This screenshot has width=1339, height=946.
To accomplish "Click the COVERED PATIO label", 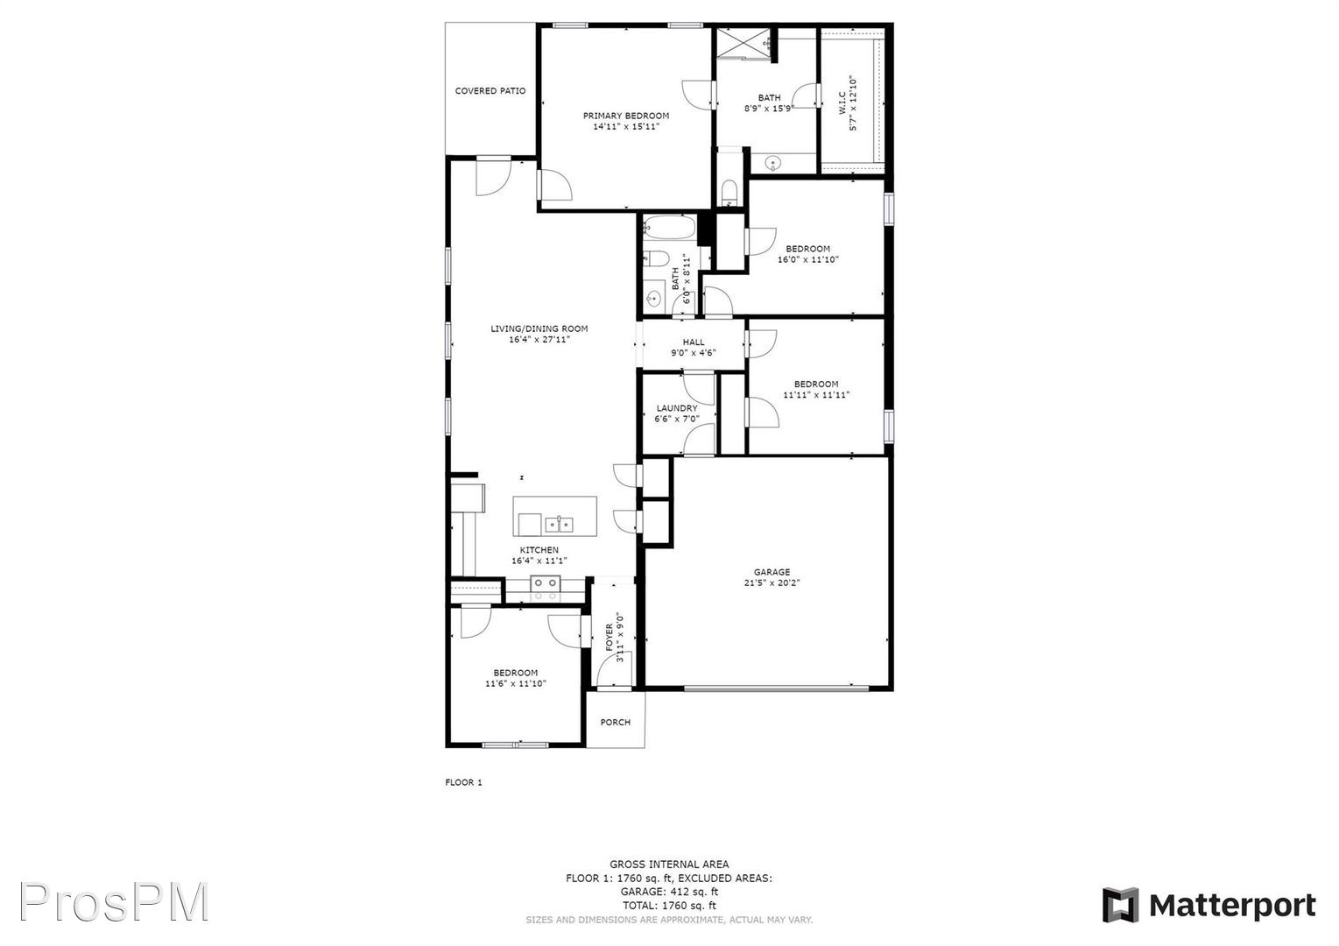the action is coord(490,91).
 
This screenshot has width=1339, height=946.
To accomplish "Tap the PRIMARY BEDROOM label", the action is coord(626,116).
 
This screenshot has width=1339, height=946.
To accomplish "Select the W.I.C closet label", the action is coord(842,102).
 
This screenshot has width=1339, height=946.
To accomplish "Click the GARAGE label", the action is coord(772,572).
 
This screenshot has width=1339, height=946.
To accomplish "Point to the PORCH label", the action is coord(615,722).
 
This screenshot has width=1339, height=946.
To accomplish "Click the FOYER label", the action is coord(610,638).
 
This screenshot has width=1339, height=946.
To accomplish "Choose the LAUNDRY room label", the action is coord(677,408).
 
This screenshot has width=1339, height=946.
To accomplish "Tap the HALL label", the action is coord(694,342).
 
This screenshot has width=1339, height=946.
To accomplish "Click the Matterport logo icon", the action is coord(1120,905).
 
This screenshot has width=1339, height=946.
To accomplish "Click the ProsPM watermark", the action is coord(114,902).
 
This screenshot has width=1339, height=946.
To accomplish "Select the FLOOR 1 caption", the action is coord(463,782).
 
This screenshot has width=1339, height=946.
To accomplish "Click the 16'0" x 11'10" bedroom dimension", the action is coord(807,259).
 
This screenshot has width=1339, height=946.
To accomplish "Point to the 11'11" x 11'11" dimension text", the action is coord(816,395).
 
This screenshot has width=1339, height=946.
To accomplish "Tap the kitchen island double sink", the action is coord(559,525).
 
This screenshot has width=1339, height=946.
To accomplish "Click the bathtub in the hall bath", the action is coord(669,228).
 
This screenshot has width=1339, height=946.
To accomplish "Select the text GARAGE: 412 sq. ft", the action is coord(669,892).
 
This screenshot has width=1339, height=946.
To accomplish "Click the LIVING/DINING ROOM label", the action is coord(539,328).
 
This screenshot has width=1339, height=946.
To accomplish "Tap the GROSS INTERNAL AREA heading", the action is coord(669,864).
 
